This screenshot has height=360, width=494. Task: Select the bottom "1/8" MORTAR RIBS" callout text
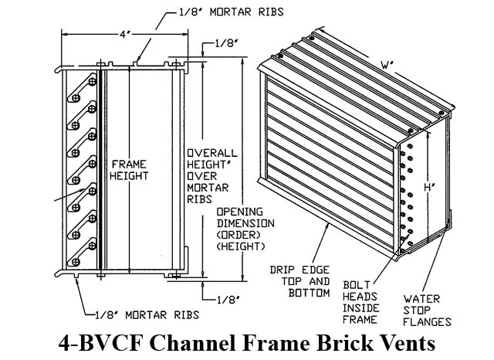tap(146, 314)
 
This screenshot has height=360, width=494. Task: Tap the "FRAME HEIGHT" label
tap(130, 169)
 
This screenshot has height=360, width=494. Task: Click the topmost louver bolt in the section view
tap(92, 81)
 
